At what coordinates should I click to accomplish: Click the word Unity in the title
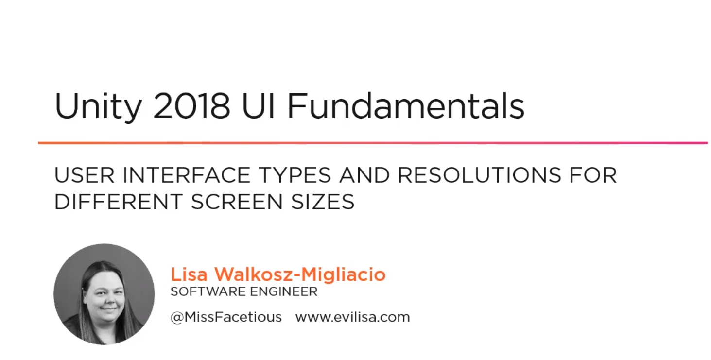98,106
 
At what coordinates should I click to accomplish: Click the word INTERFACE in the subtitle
186,175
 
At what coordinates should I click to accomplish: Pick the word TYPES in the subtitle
295,175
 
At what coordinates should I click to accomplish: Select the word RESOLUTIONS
480,175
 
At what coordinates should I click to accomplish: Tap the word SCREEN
237,202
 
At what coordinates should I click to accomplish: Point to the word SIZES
323,202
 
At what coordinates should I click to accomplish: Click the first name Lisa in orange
189,274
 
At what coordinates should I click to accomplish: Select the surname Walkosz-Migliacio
300,274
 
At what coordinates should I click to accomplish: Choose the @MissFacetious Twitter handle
226,317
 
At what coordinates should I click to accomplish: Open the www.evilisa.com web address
353,317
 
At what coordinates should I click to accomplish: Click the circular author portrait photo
104,294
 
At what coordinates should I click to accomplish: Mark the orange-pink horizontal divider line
373,143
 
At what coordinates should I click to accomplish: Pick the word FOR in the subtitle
593,175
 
